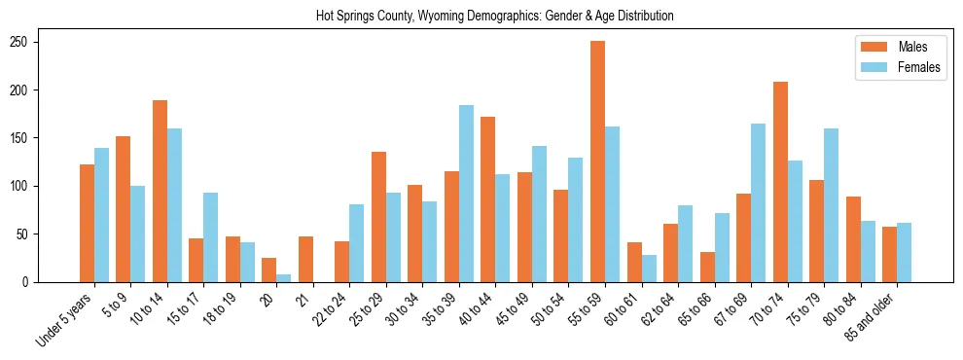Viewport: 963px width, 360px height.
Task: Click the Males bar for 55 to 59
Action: [597, 162]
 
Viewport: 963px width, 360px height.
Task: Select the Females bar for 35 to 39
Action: [466, 194]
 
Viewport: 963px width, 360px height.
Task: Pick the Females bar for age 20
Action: [283, 278]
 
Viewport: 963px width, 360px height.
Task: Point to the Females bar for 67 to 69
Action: [758, 202]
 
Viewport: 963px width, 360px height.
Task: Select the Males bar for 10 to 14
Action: [160, 191]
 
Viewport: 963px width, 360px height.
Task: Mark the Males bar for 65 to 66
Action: [707, 267]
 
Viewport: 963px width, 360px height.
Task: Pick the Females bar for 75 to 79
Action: [831, 205]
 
